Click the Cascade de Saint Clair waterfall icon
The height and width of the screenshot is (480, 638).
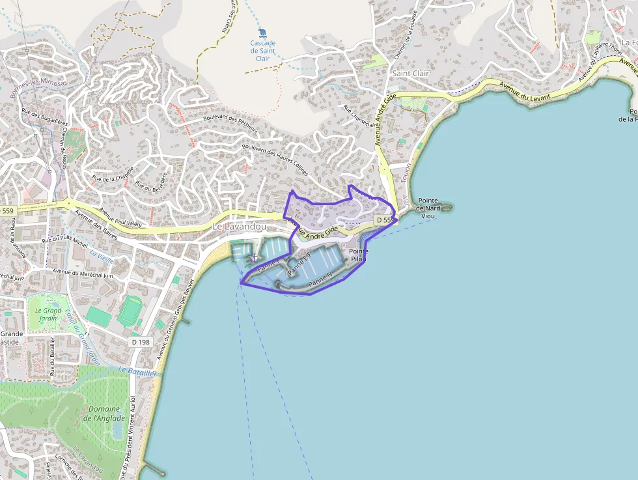(x=262, y=33)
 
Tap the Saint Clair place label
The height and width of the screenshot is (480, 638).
(x=410, y=74)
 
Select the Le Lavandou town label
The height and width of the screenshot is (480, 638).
(x=240, y=226)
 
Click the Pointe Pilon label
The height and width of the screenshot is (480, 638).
(x=358, y=255)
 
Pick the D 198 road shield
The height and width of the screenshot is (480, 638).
(x=141, y=342)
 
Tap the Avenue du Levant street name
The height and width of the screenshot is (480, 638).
(x=525, y=91)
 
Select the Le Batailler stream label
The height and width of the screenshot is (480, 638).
(x=138, y=371)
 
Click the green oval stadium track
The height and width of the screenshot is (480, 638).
(x=131, y=311)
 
